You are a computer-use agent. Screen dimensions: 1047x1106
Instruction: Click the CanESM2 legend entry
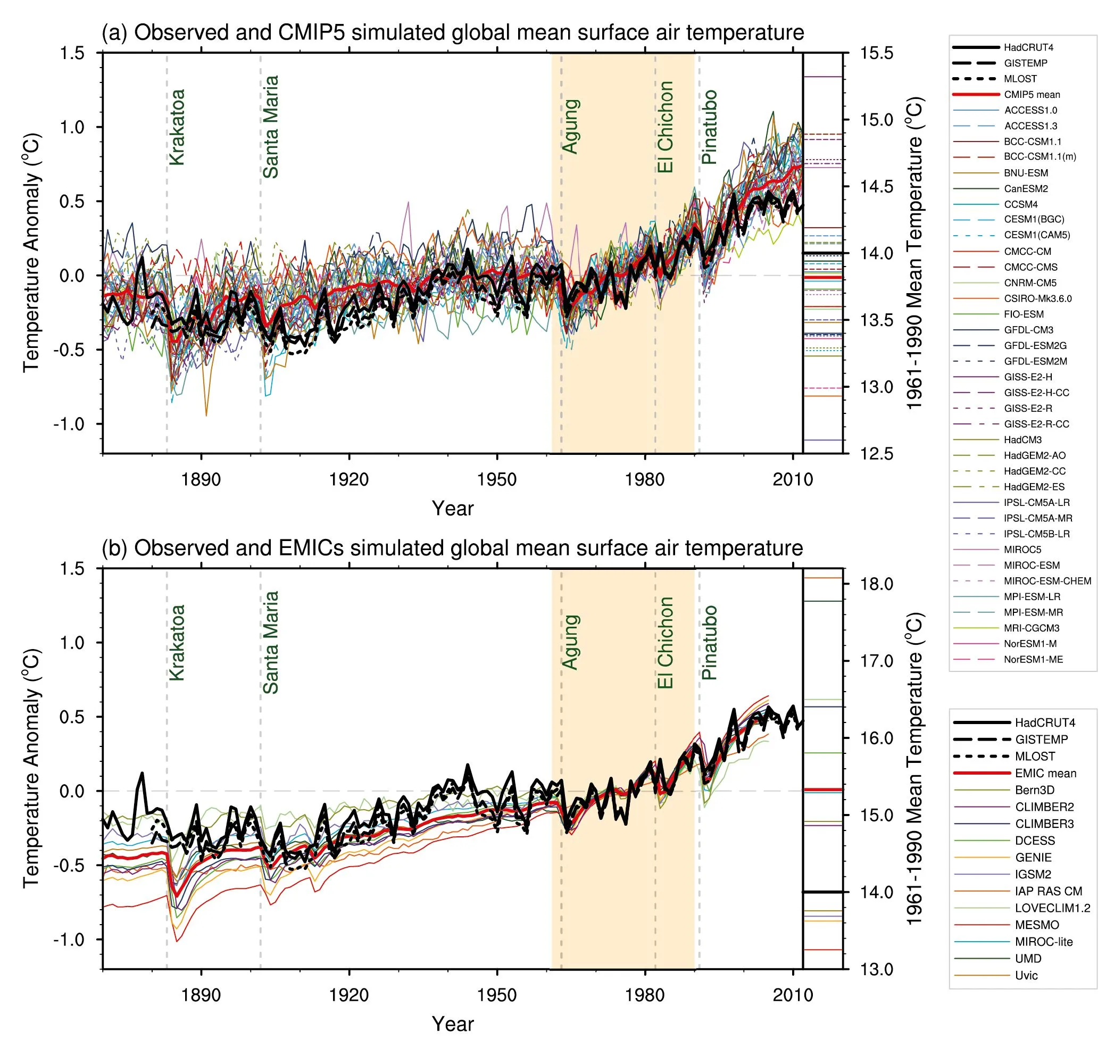pyautogui.click(x=1026, y=189)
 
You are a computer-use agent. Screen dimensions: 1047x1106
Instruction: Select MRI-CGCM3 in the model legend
pyautogui.click(x=1031, y=628)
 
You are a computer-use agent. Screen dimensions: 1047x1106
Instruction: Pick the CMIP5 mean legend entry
pyautogui.click(x=1032, y=95)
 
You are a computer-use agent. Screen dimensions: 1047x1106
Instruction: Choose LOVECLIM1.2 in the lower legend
pyautogui.click(x=1052, y=908)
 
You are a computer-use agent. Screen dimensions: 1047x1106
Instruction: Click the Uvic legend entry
pyautogui.click(x=1026, y=976)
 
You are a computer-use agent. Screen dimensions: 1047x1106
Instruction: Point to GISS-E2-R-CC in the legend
pyautogui.click(x=1036, y=424)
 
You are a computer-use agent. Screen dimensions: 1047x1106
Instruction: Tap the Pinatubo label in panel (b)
pyautogui.click(x=709, y=642)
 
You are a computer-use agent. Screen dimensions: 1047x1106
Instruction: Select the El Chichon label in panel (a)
pyautogui.click(x=665, y=127)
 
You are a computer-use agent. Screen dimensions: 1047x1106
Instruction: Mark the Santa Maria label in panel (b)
pyautogui.click(x=271, y=642)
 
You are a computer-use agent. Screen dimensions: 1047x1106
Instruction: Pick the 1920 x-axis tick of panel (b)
pyautogui.click(x=350, y=995)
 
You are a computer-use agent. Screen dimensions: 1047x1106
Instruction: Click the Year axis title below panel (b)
pyautogui.click(x=453, y=1024)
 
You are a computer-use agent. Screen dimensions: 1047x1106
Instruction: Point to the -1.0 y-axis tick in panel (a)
pyautogui.click(x=69, y=424)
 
